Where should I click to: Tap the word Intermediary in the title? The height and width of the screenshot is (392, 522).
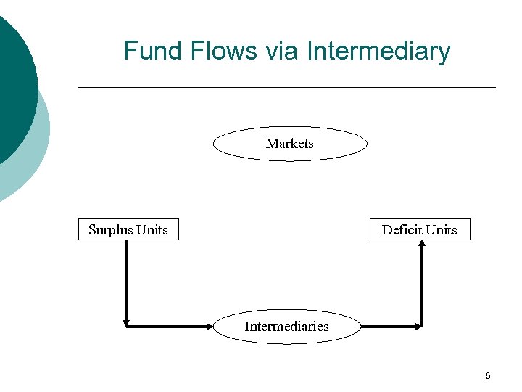(378, 52)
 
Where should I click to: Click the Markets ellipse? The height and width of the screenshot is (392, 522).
(290, 144)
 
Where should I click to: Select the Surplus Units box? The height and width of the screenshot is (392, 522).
(128, 229)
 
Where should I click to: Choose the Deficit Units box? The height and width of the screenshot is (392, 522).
(420, 229)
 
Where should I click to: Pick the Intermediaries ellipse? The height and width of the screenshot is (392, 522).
(287, 327)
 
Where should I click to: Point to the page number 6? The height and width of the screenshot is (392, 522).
(487, 375)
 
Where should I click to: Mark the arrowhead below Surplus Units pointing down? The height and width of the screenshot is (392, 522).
(126, 322)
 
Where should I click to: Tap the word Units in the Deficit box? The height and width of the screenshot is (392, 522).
(442, 229)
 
